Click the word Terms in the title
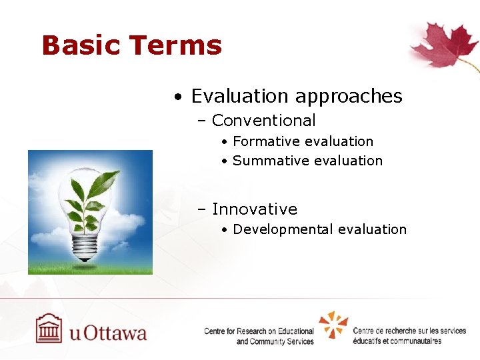click(176, 45)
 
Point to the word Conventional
click(263, 121)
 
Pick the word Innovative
click(254, 209)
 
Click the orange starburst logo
click(333, 325)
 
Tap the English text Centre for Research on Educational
click(259, 331)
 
